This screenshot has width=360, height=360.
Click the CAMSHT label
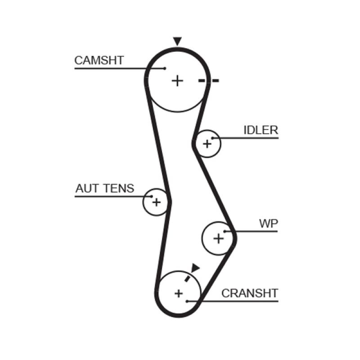coord(99,60)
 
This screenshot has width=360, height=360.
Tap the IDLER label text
coord(261,130)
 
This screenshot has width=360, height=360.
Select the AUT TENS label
coord(104,188)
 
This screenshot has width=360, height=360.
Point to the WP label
coord(268,223)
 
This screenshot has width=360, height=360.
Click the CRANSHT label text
coord(250,293)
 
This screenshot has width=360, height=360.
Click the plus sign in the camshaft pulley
coord(178,81)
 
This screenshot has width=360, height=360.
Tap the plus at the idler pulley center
coord(207,144)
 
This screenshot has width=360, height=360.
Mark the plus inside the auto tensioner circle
coord(156,202)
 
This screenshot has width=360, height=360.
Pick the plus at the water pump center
coord(218,238)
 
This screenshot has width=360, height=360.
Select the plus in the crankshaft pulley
coord(179,293)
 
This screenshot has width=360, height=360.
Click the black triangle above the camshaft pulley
coord(177,41)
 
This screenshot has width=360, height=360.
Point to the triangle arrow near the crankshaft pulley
coord(195,268)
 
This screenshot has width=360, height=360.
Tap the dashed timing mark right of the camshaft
coord(208,81)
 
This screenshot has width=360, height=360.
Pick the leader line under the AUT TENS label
coord(112,197)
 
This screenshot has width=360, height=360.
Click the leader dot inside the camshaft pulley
coord(165,68)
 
